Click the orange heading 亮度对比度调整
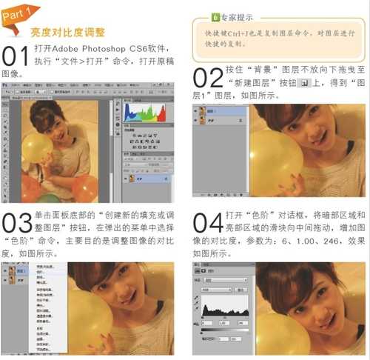click(x=67, y=33)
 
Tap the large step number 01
click(x=16, y=56)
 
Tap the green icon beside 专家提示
click(x=215, y=16)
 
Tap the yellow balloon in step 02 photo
click(x=278, y=159)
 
